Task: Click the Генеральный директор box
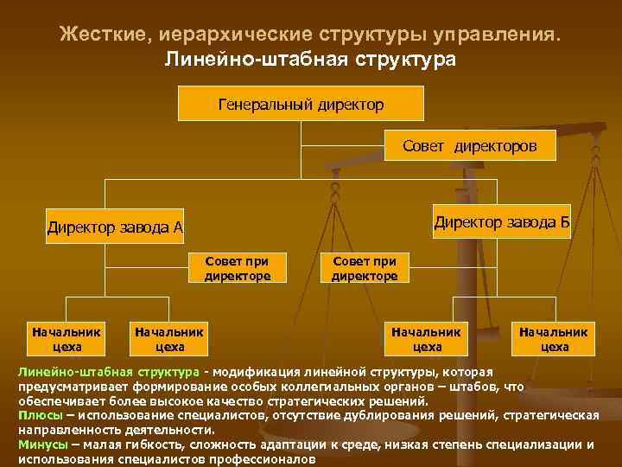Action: pos(301,104)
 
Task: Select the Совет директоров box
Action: pos(469,147)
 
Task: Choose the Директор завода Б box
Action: pos(502,222)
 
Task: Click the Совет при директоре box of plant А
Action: pos(238,268)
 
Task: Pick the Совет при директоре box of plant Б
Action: pos(365,268)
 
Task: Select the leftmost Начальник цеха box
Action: pos(67,338)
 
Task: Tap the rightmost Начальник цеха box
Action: pos(554,338)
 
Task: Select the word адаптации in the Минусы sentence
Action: pos(301,445)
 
